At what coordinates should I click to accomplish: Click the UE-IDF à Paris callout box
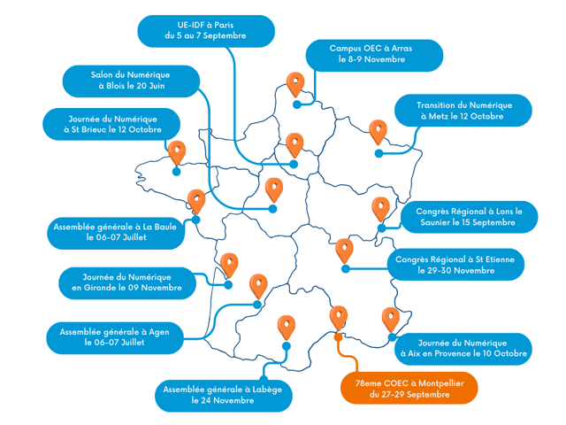point(205,30)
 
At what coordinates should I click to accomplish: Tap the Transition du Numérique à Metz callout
point(463,111)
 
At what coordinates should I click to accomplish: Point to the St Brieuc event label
point(114,123)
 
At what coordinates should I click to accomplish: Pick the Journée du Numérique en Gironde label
point(126,282)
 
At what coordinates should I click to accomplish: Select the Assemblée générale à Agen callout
point(114,336)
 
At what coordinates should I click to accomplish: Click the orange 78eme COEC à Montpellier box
point(409,388)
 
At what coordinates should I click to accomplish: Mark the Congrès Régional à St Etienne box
point(455,265)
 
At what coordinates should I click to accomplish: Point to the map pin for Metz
point(379,132)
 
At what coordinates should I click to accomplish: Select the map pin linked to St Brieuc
point(177,153)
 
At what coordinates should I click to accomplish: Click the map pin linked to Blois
point(274,189)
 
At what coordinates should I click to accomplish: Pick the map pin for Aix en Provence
point(390,318)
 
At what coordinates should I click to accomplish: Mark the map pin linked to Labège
point(286,327)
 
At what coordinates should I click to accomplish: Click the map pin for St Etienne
point(344,251)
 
